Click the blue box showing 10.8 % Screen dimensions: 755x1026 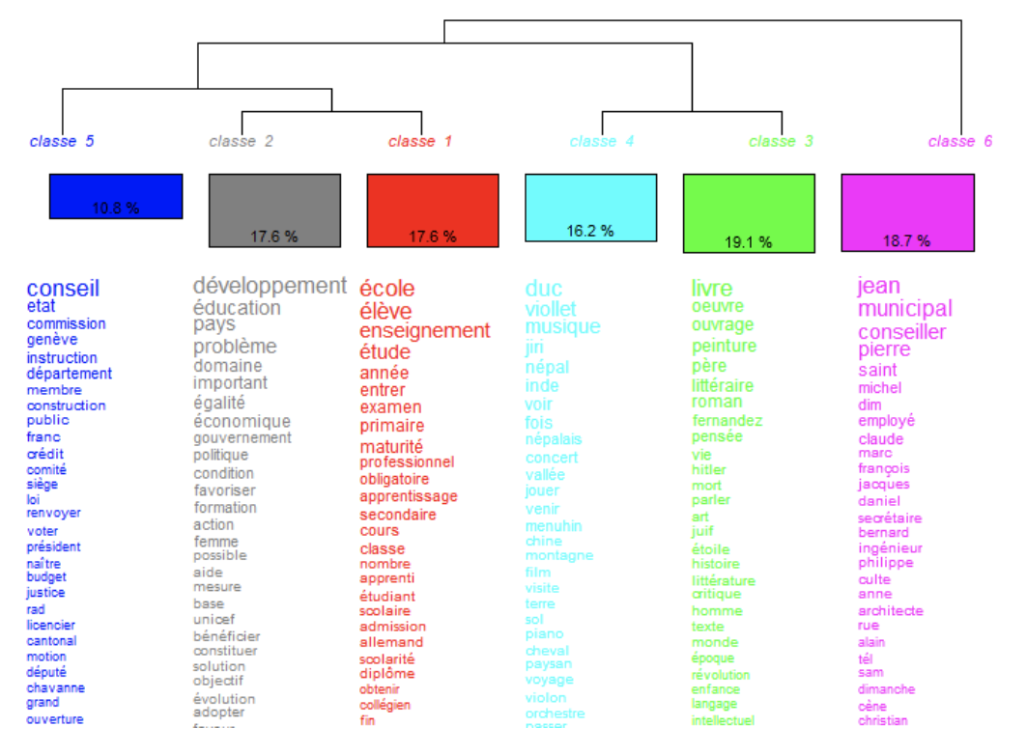click(x=116, y=196)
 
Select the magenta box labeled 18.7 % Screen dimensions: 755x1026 click(x=907, y=212)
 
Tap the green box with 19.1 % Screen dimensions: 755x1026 click(x=749, y=213)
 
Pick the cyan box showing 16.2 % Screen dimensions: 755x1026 click(x=590, y=208)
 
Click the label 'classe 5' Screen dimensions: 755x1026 click(x=62, y=141)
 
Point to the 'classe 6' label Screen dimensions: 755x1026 click(x=959, y=141)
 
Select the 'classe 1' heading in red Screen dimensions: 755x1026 click(x=419, y=141)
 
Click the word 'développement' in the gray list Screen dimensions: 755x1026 click(x=270, y=286)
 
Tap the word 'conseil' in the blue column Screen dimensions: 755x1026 click(x=63, y=289)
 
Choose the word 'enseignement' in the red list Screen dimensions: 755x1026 click(x=424, y=330)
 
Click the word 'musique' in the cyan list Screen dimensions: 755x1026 click(x=562, y=327)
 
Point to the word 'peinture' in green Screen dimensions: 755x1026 click(x=724, y=346)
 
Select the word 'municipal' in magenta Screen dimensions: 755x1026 click(x=904, y=309)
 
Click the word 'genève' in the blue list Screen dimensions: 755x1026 click(x=52, y=340)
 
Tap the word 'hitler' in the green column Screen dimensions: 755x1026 click(x=708, y=470)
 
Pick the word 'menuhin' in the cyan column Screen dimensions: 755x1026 click(x=554, y=526)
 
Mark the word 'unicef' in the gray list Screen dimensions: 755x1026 click(x=214, y=619)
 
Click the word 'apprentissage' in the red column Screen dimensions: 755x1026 click(x=409, y=496)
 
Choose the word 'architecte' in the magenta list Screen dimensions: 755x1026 click(x=890, y=610)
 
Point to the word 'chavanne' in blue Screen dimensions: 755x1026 click(x=55, y=688)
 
